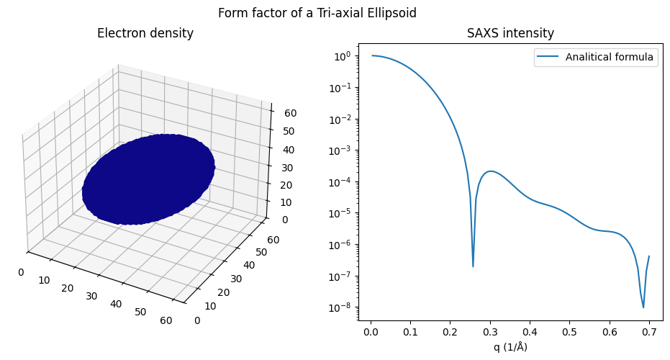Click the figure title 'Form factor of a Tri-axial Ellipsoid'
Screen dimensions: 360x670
pos(317,13)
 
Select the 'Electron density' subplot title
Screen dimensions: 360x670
pos(145,33)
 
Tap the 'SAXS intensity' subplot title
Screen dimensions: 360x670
pos(510,33)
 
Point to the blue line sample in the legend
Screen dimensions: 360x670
pos(549,58)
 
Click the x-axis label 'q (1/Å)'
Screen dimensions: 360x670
pos(510,347)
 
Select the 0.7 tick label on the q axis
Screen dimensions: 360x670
pos(648,333)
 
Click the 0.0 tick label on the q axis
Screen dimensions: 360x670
pos(371,333)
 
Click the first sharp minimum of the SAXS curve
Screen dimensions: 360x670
pos(473,266)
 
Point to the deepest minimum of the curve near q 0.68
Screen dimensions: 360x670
pos(643,307)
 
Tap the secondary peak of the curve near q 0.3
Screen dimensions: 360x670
pos(490,171)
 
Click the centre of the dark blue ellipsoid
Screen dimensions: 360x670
pos(148,179)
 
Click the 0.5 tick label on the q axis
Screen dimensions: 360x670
pos(569,333)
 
